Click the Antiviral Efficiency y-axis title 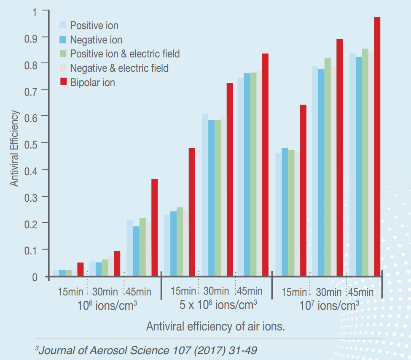click(x=15, y=148)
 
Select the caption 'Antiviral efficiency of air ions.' click(x=215, y=327)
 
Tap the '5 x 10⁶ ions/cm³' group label click(x=218, y=305)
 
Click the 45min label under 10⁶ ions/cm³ click(x=138, y=292)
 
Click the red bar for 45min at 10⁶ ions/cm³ click(x=154, y=228)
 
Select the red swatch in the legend click(x=64, y=82)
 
